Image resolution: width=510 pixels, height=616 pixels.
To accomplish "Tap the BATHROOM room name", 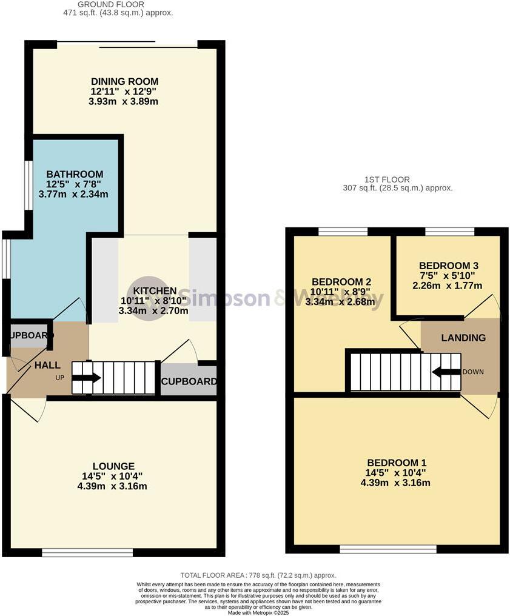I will point(75,174).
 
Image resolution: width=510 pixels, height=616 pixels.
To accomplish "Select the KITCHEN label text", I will point(155,291).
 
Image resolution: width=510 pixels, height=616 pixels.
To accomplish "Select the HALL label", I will point(47,365).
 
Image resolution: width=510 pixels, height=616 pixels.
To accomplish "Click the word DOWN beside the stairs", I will point(473,372).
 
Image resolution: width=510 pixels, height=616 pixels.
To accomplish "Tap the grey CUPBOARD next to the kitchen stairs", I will point(189,382).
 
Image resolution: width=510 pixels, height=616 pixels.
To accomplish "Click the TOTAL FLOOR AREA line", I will point(258,575).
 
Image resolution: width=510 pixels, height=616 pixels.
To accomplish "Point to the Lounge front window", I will point(87,552).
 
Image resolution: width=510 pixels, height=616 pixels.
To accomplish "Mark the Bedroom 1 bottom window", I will point(388,549).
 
